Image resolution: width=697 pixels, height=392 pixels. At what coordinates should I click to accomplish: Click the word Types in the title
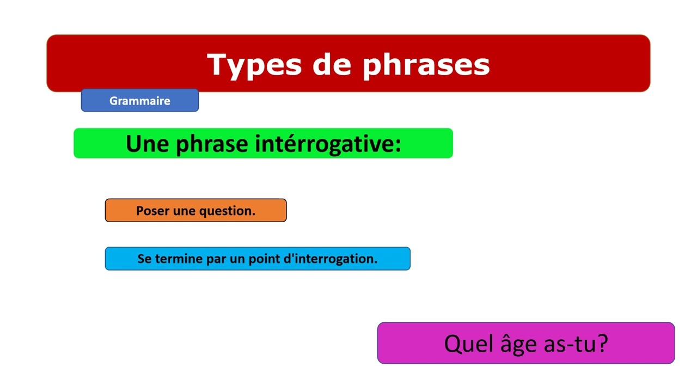[254, 65]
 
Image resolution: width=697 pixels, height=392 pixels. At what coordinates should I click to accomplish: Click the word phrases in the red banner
[426, 65]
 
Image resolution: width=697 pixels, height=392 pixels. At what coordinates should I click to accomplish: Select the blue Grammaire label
[140, 101]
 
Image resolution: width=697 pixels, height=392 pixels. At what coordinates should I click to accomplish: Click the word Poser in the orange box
[152, 211]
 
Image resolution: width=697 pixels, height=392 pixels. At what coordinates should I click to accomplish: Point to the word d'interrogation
[332, 259]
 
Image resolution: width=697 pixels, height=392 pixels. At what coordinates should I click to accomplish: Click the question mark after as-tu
[602, 344]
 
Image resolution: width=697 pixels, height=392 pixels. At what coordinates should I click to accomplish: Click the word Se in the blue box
[144, 259]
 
